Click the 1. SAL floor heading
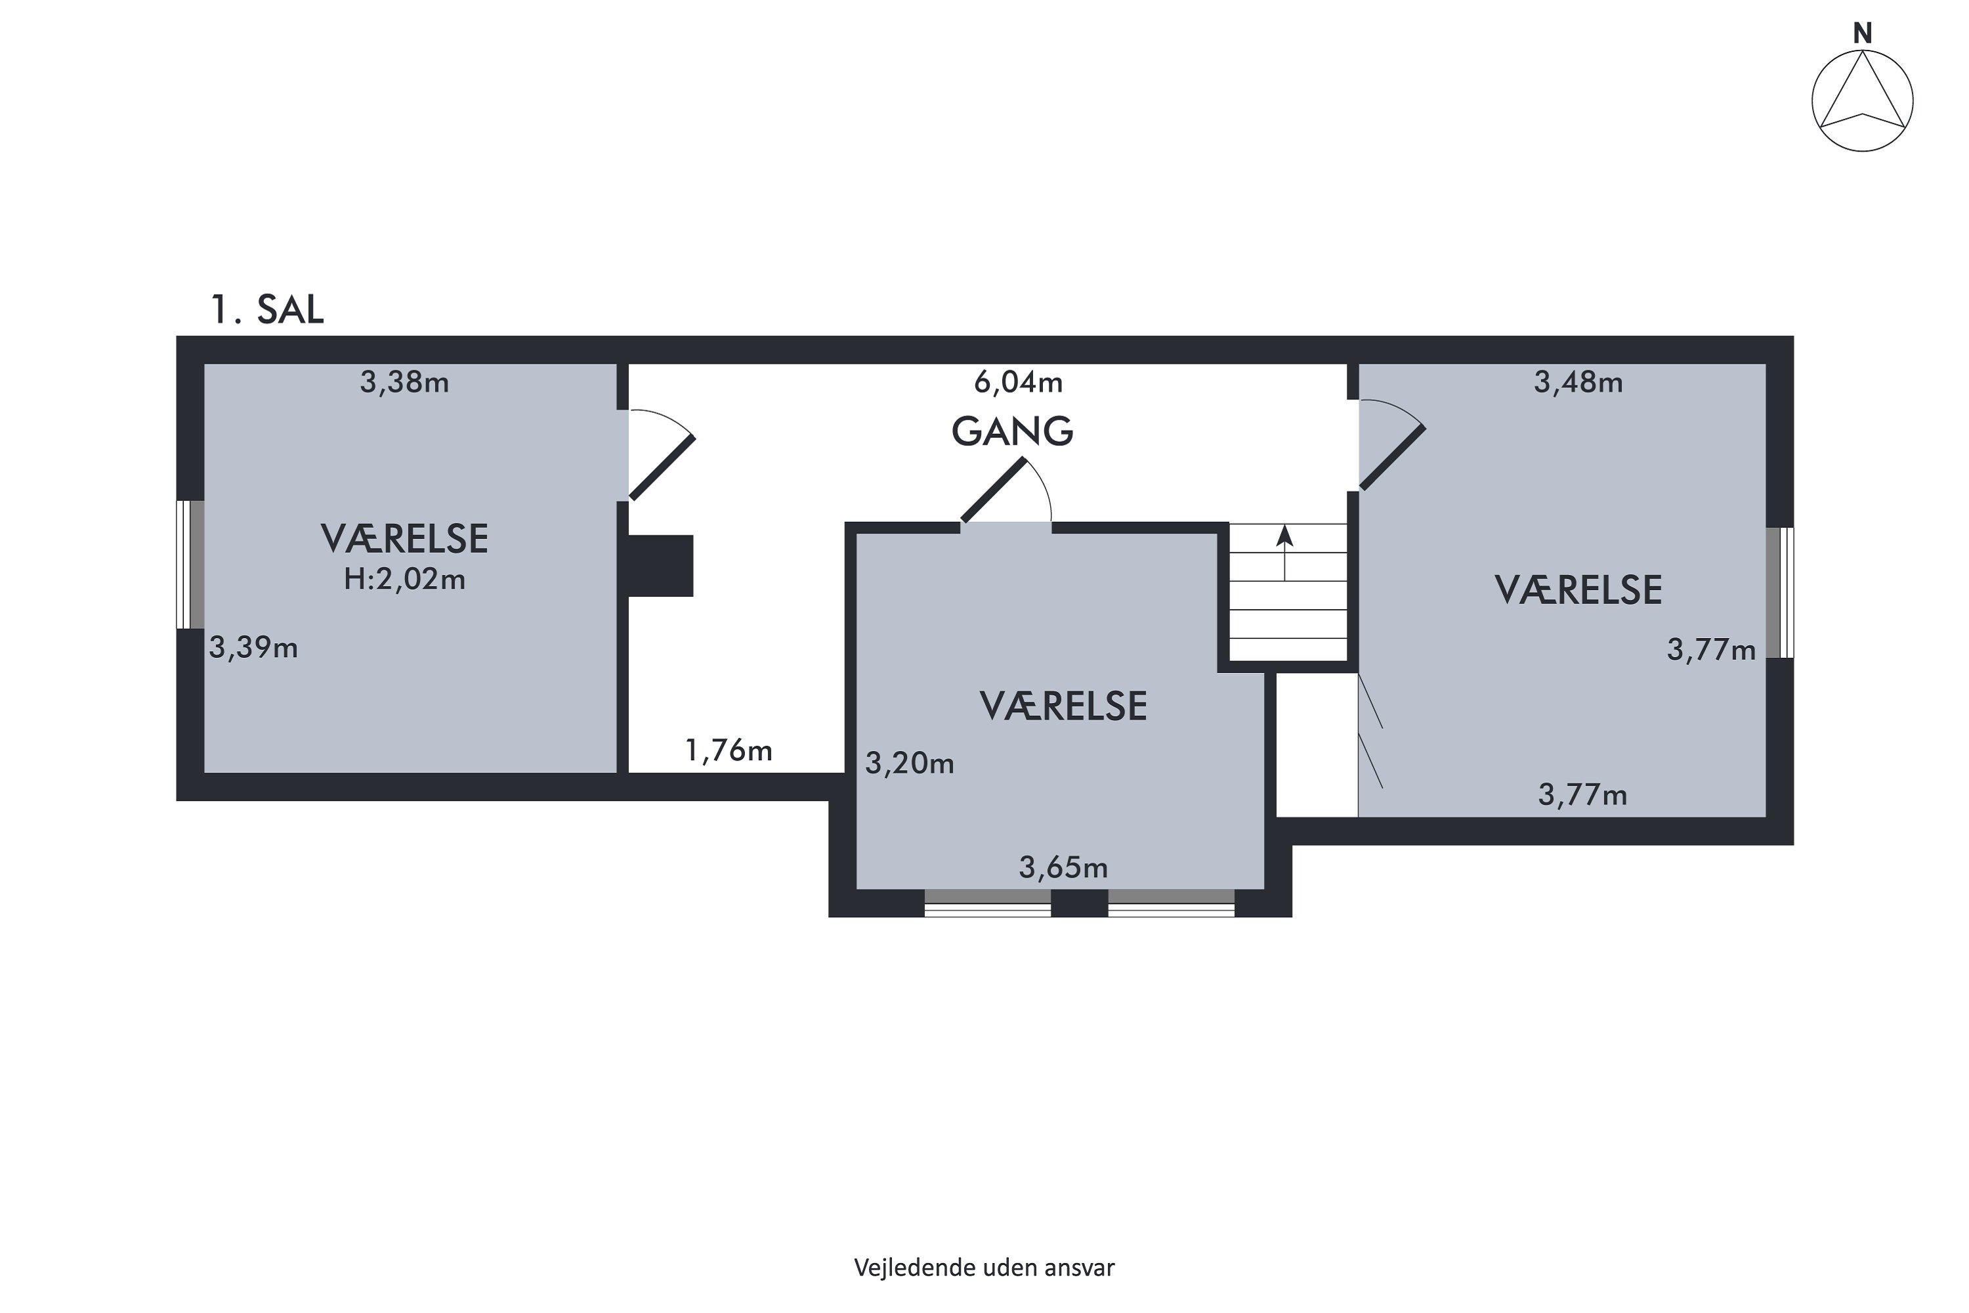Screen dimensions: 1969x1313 click(266, 310)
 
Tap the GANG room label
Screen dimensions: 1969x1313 click(1012, 431)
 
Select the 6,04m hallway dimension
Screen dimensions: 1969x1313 click(1018, 383)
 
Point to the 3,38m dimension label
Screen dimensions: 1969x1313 click(404, 383)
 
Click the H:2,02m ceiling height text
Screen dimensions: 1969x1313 click(404, 580)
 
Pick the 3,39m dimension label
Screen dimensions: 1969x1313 click(253, 648)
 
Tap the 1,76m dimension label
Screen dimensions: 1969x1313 click(729, 751)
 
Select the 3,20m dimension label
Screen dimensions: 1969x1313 click(909, 764)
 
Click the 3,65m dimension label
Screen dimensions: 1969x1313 click(1063, 867)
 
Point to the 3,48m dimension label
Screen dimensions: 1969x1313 click(1578, 383)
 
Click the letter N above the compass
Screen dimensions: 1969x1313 click(1862, 33)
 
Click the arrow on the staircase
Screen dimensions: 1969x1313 click(1284, 552)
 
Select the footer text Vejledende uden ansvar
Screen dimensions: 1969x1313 click(984, 1268)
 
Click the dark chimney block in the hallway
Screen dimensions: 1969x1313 click(660, 566)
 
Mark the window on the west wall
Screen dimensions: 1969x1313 click(190, 565)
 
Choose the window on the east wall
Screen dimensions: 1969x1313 click(1780, 592)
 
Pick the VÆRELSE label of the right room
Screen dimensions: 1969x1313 click(1578, 590)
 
